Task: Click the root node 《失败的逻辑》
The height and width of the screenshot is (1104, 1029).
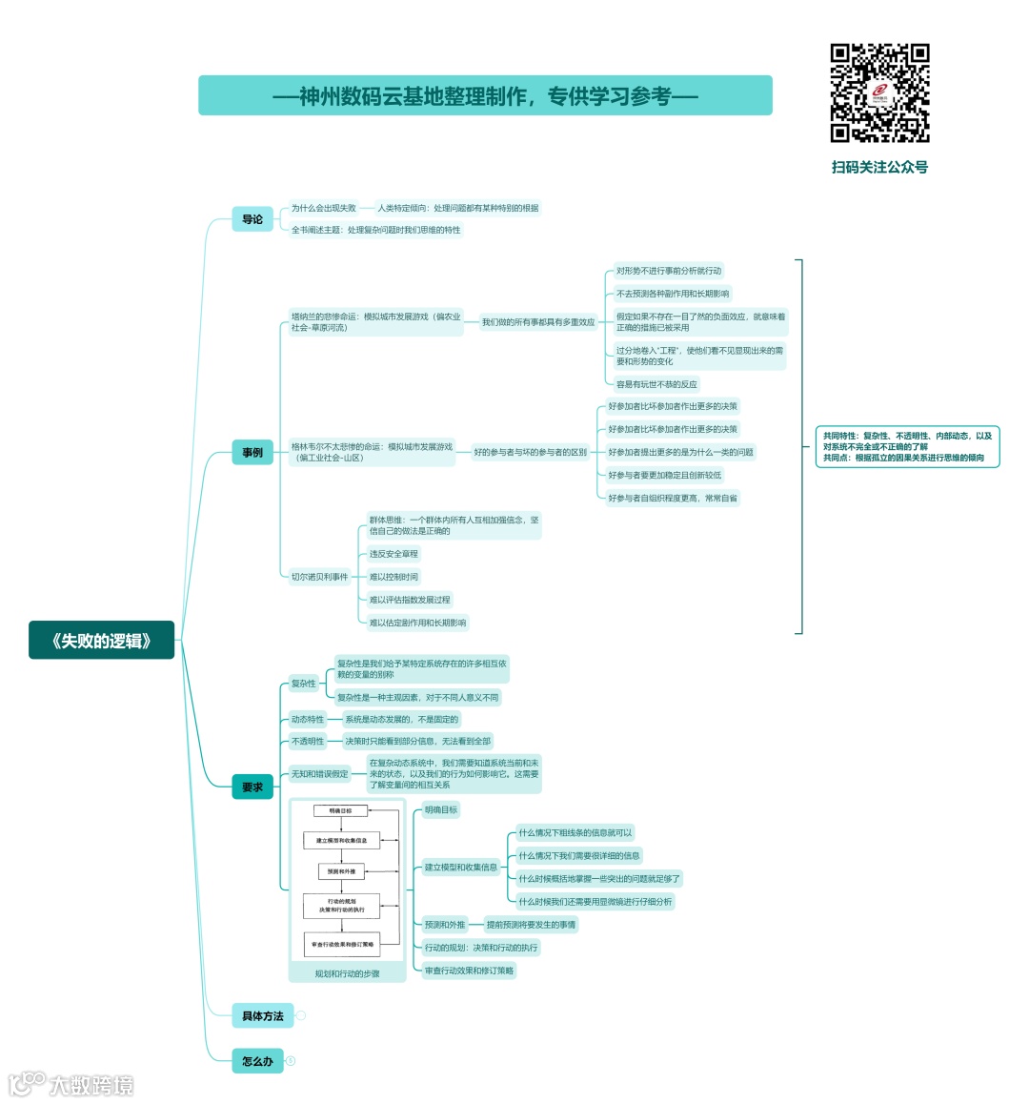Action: (102, 641)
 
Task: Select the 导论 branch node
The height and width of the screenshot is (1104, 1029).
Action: (252, 219)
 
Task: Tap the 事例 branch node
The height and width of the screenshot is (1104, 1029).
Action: (252, 452)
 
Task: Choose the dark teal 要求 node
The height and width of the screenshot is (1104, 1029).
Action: (252, 787)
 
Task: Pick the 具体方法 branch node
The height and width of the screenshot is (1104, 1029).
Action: (262, 1015)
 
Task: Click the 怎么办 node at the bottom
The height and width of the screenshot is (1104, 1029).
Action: (257, 1060)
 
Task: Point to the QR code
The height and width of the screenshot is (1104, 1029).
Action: (879, 93)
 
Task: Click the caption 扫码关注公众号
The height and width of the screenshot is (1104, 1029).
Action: (879, 167)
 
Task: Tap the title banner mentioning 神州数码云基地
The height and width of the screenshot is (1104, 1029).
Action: (485, 95)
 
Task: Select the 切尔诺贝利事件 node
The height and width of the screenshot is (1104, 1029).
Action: (320, 577)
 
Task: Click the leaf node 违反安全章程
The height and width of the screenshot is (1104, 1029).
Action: (393, 554)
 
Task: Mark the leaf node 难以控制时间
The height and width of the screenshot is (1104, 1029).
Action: (393, 577)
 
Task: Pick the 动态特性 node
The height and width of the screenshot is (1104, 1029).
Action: (308, 720)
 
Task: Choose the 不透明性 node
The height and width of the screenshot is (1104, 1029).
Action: (308, 741)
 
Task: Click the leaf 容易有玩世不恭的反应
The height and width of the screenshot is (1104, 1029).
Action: (656, 384)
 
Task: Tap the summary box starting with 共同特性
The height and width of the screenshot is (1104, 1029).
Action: (907, 446)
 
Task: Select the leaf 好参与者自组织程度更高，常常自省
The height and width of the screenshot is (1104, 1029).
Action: (673, 498)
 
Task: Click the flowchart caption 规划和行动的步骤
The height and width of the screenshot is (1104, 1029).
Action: (347, 973)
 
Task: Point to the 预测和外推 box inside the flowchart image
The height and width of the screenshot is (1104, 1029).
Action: (341, 871)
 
